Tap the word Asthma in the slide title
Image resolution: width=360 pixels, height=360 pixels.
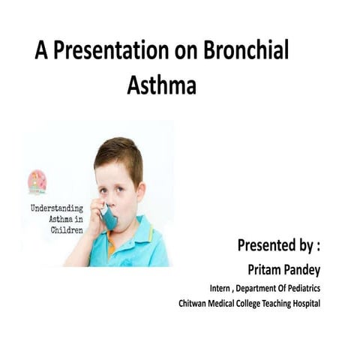(161, 85)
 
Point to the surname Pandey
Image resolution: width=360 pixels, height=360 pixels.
(302, 269)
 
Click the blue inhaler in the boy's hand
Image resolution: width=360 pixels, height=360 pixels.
(109, 217)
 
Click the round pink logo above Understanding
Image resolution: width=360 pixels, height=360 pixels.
(37, 181)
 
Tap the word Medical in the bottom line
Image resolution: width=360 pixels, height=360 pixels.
(229, 303)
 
